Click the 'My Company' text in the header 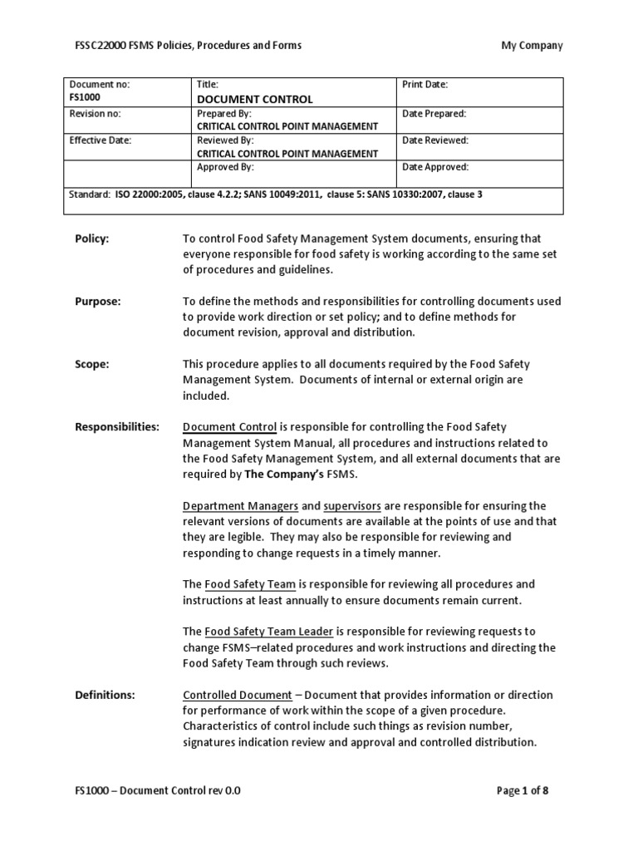click(531, 45)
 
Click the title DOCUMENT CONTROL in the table click(254, 99)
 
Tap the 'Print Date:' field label click(425, 85)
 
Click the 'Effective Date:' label click(101, 140)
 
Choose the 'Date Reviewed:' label click(435, 140)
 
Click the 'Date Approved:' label click(435, 167)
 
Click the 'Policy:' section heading click(92, 239)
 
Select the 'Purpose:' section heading click(98, 302)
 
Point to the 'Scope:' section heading click(92, 364)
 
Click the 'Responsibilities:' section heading click(117, 427)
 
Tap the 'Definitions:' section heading click(106, 695)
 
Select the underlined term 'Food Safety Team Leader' click(266, 632)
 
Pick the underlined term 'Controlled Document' click(237, 695)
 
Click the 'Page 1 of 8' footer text click(522, 791)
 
